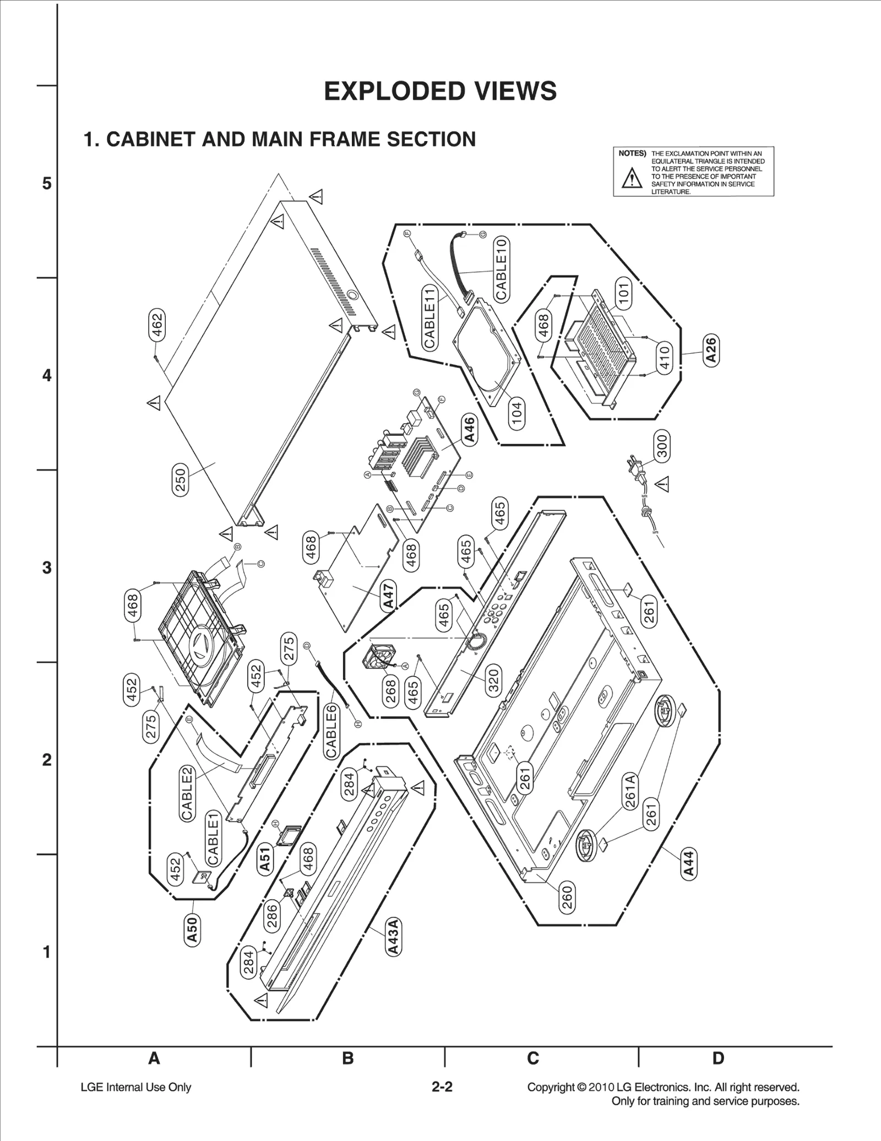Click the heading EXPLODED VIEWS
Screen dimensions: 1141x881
click(440, 91)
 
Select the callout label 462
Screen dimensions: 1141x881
click(157, 325)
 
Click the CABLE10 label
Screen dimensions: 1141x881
click(501, 268)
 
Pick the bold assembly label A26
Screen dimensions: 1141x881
click(711, 350)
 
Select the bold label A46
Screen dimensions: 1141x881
click(469, 430)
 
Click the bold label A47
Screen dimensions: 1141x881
click(389, 596)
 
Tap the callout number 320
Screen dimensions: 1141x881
click(493, 679)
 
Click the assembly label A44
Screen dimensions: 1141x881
click(688, 863)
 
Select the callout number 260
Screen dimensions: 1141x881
click(567, 896)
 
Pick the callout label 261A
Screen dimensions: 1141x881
click(630, 791)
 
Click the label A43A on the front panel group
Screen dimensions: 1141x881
click(393, 936)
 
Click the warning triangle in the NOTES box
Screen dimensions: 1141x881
click(632, 179)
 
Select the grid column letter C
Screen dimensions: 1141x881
click(532, 1058)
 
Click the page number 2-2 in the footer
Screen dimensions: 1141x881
click(442, 1087)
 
